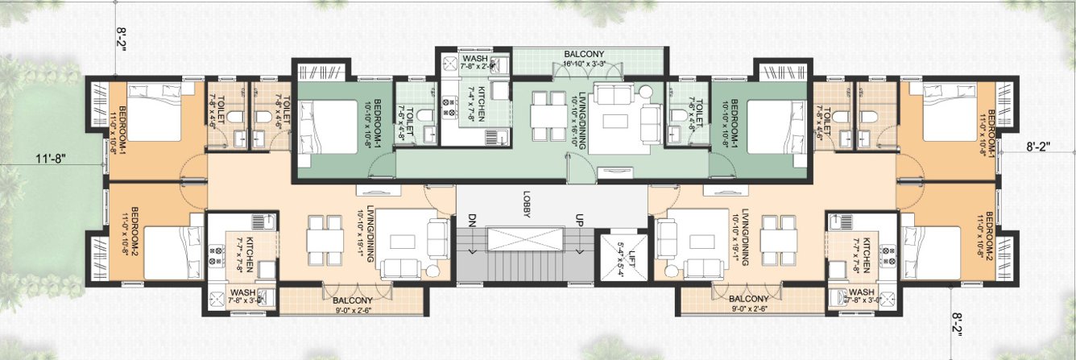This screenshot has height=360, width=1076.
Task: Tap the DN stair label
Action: pyautogui.click(x=472, y=220)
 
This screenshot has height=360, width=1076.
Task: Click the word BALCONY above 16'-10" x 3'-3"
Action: pyautogui.click(x=584, y=53)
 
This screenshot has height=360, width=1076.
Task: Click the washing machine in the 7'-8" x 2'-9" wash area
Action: pyautogui.click(x=448, y=62)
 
